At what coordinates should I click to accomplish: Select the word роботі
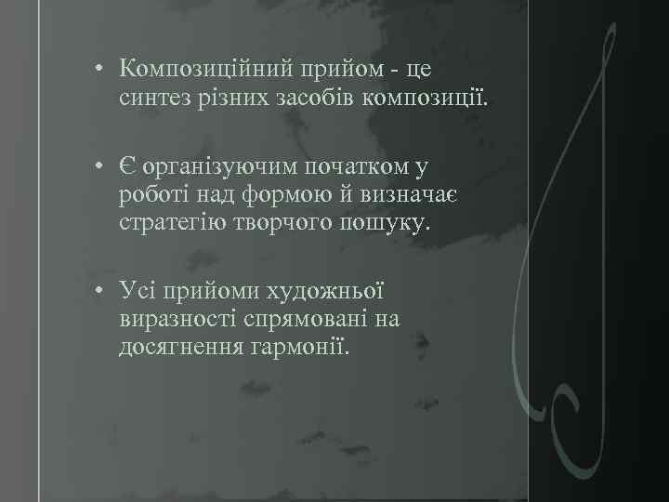pos(149,195)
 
